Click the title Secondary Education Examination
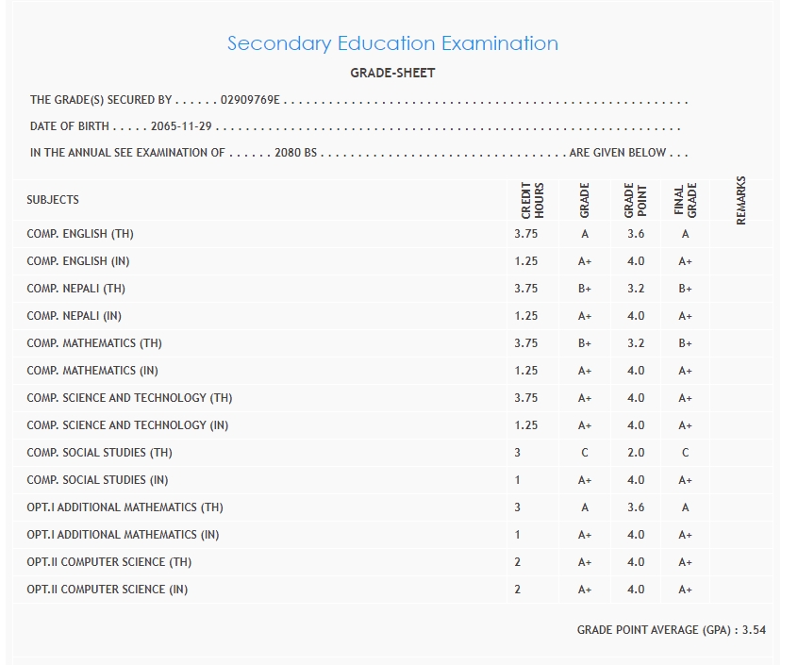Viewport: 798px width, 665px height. (x=392, y=43)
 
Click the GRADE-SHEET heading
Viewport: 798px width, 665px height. (x=392, y=73)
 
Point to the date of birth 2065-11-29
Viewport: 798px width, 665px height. (x=182, y=125)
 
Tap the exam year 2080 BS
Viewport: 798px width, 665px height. (x=295, y=152)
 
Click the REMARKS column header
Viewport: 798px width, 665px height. (x=740, y=199)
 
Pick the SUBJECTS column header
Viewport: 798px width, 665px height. (x=53, y=200)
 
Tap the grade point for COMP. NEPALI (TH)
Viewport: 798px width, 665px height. (x=636, y=289)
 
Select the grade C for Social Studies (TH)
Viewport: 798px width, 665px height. (x=585, y=453)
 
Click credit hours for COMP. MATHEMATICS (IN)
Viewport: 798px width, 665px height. (x=526, y=371)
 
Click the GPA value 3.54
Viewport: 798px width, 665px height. (x=754, y=629)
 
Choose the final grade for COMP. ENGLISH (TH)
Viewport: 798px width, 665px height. (x=686, y=234)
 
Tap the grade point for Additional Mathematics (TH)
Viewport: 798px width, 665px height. (x=636, y=507)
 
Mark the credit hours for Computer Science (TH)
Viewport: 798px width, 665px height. (x=518, y=562)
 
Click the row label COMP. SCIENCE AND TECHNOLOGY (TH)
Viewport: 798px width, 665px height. (x=129, y=398)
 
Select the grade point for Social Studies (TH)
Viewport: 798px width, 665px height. (x=636, y=453)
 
